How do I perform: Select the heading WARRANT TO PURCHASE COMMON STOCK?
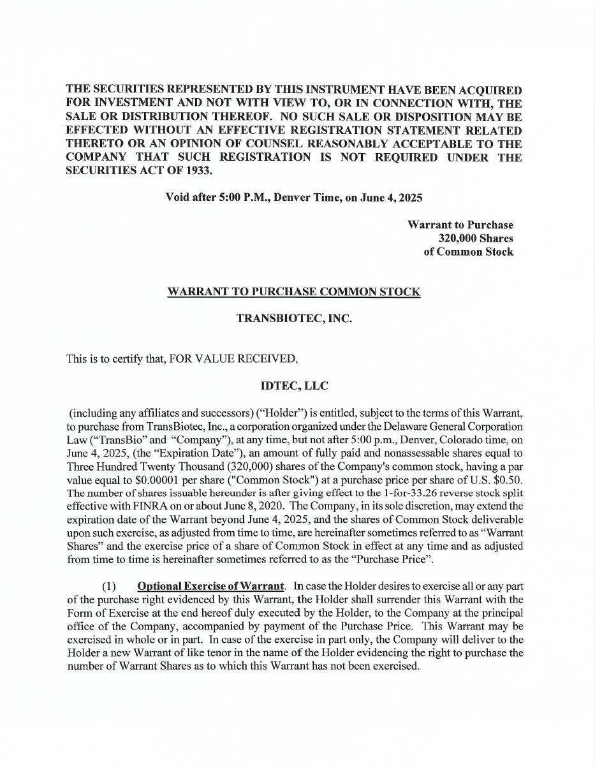[x=293, y=292]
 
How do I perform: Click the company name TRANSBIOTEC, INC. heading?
[x=293, y=318]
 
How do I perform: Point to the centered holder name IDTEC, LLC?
[x=294, y=386]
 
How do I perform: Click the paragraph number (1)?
[x=109, y=586]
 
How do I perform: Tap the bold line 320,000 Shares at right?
[x=475, y=239]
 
